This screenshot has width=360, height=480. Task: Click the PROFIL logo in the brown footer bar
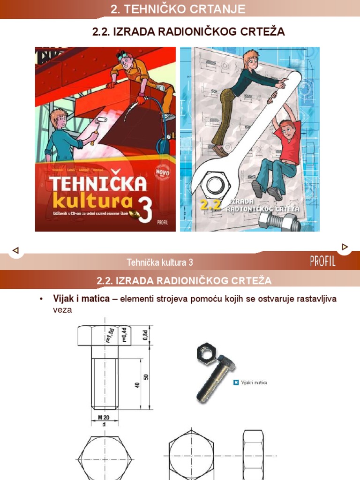pyautogui.click(x=322, y=262)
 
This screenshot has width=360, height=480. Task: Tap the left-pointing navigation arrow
pyautogui.click(x=15, y=250)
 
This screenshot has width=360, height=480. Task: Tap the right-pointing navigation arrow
pyautogui.click(x=345, y=247)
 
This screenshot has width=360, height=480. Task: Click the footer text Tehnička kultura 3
pyautogui.click(x=159, y=262)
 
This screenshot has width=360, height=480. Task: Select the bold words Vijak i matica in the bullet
pyautogui.click(x=82, y=299)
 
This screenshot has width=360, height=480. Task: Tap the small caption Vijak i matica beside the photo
pyautogui.click(x=254, y=383)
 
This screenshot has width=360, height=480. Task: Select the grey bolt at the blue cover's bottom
pyautogui.click(x=279, y=220)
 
